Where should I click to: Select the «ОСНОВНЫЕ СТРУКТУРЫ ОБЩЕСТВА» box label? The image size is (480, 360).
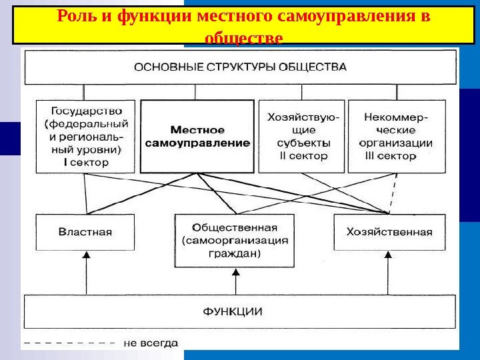[241, 67]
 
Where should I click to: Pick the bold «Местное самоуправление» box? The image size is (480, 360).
[197, 137]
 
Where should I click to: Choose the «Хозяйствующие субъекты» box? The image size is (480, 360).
[302, 136]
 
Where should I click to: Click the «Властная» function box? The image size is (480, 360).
[85, 232]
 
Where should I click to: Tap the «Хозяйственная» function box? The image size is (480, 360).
[389, 232]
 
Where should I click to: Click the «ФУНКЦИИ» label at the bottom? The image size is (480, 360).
[233, 311]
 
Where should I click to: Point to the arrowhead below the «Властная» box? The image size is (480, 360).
[85, 255]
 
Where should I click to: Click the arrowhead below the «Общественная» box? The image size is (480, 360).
[235, 271]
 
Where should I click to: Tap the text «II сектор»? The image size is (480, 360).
[302, 156]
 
